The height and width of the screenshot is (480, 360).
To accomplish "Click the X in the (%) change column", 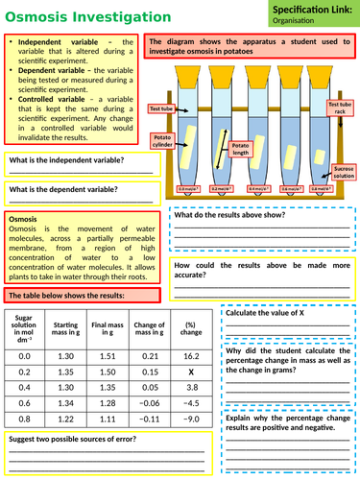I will click(189, 371).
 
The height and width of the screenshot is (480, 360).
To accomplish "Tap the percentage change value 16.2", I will click(189, 354).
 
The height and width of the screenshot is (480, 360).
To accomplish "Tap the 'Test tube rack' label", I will click(340, 108).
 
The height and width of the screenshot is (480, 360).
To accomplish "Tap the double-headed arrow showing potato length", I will click(224, 144).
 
